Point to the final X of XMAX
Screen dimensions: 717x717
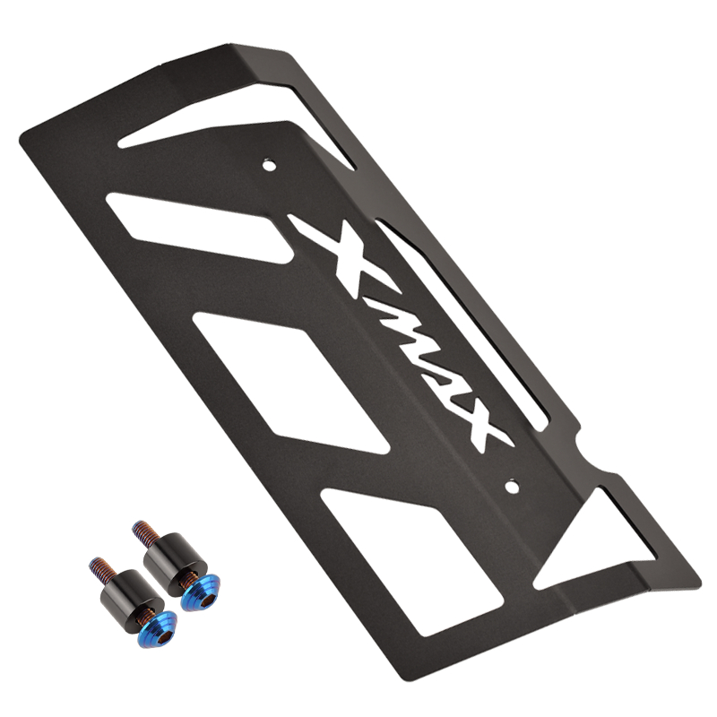475,425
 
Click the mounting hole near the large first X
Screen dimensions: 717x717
267,164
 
